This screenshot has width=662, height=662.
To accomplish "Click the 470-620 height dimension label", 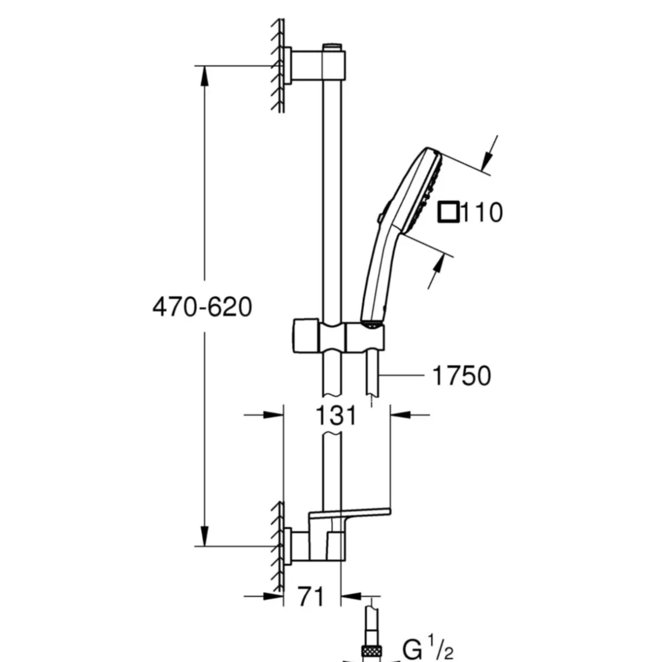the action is coord(202,307).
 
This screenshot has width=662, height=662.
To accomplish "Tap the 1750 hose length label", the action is coord(462,375).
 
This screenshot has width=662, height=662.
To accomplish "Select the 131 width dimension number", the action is coord(336,416).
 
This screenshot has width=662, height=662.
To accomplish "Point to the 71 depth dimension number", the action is coord(311,596).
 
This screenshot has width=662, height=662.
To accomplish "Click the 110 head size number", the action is coord(482,212).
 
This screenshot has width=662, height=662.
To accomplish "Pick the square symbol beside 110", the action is coord(449,212).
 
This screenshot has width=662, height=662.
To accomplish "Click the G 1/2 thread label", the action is coord(428,648).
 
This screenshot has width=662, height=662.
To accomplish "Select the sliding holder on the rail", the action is coord(338,335).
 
